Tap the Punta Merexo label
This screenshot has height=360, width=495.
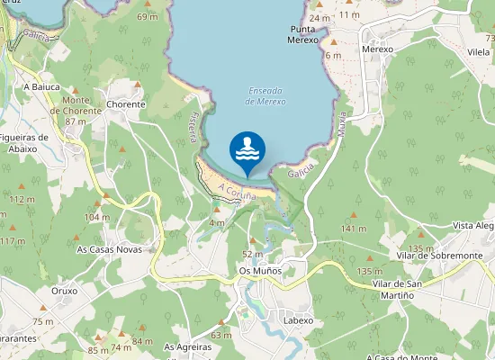click(x=303, y=34)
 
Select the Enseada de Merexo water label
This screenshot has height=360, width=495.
click(x=265, y=96)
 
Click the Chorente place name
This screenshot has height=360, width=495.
click(x=125, y=104)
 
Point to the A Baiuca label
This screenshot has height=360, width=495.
click(x=41, y=86)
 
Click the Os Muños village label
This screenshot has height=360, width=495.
click(x=260, y=270)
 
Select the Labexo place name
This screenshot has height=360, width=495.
click(x=298, y=320)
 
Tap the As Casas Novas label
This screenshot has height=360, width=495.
click(x=109, y=248)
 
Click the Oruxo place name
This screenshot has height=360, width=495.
click(x=65, y=291)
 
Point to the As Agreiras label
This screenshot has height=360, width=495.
click(x=188, y=346)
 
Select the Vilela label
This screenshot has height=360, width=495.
click(x=478, y=53)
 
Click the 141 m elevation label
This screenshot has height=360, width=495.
click(x=354, y=229)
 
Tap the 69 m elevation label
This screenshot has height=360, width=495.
click(x=147, y=17)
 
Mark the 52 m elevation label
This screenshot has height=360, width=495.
click(x=253, y=255)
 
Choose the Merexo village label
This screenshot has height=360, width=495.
click(x=378, y=49)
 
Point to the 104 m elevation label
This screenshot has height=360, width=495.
click(x=97, y=217)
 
